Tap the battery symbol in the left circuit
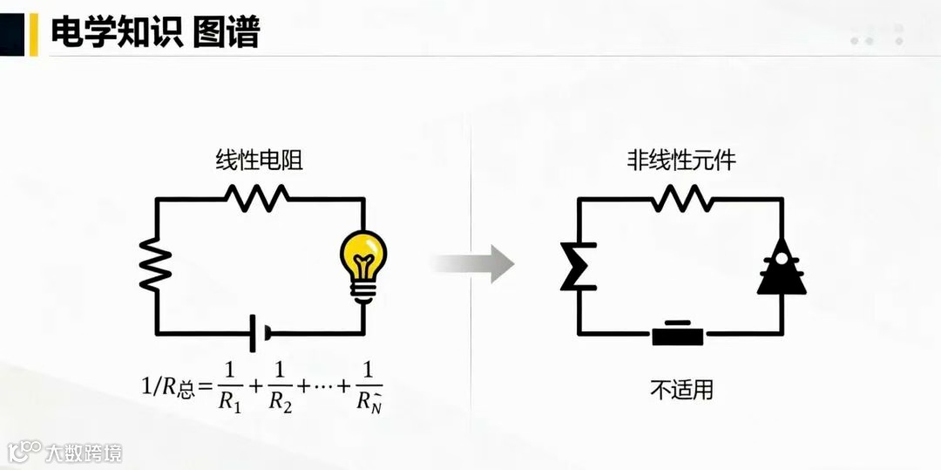pyautogui.click(x=259, y=333)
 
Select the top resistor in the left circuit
pyautogui.click(x=258, y=198)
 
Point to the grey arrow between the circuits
pyautogui.click(x=475, y=263)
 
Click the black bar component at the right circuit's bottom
pyautogui.click(x=678, y=334)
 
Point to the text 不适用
pyautogui.click(x=681, y=389)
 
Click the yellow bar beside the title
pyautogui.click(x=34, y=33)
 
